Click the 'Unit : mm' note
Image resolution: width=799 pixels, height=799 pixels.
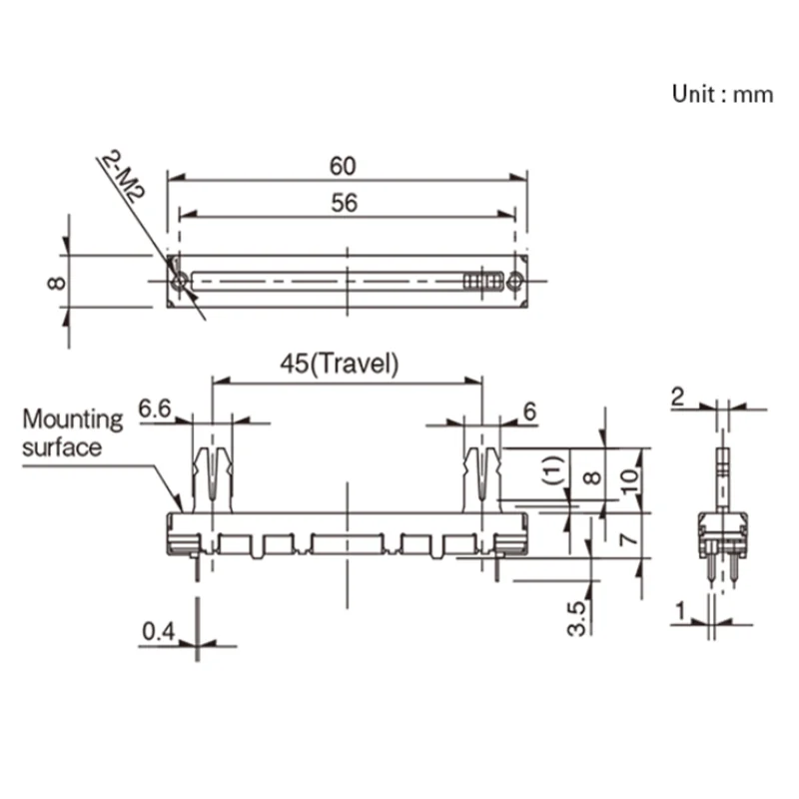point(722,95)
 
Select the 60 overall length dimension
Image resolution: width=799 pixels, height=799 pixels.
point(346,165)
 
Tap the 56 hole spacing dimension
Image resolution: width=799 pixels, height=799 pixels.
point(345,203)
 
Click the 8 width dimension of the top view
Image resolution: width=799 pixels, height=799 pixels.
point(56,283)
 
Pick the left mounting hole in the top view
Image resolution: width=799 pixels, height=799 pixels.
point(178,284)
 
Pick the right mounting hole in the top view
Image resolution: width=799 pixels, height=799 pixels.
point(515,283)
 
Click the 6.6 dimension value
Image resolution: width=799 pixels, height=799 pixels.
point(157,407)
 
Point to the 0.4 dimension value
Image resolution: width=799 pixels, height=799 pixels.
point(158,631)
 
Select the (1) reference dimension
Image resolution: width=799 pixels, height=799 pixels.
point(555,468)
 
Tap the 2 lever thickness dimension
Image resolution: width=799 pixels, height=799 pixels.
point(678,397)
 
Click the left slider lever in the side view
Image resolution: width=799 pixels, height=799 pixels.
point(212,475)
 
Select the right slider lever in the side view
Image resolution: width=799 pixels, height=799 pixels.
point(482,475)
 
